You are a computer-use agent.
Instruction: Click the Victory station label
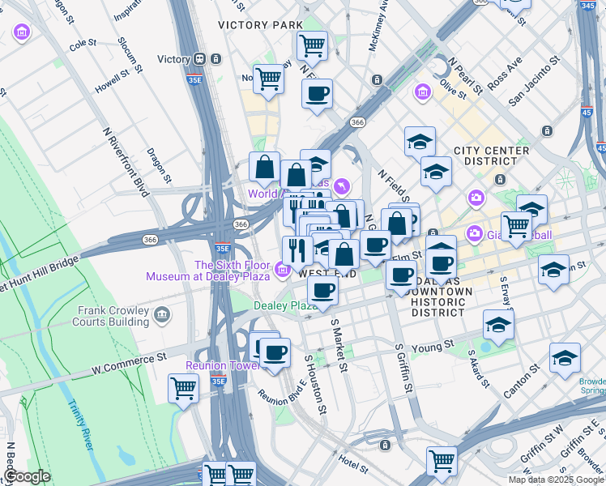pyautogui.click(x=173, y=59)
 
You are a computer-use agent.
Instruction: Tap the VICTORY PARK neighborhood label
pyautogui.click(x=260, y=25)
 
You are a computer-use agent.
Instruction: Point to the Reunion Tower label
pyautogui.click(x=216, y=365)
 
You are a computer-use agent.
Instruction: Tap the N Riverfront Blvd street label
pyautogui.click(x=126, y=161)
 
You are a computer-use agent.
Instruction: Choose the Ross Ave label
pyautogui.click(x=504, y=73)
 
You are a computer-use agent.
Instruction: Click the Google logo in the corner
pyautogui.click(x=27, y=476)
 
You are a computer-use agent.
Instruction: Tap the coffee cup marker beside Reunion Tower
pyautogui.click(x=275, y=353)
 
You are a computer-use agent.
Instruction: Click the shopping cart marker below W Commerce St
pyautogui.click(x=183, y=388)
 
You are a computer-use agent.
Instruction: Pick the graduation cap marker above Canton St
pyautogui.click(x=565, y=356)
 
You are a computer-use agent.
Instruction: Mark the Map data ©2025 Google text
pyautogui.click(x=555, y=480)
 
